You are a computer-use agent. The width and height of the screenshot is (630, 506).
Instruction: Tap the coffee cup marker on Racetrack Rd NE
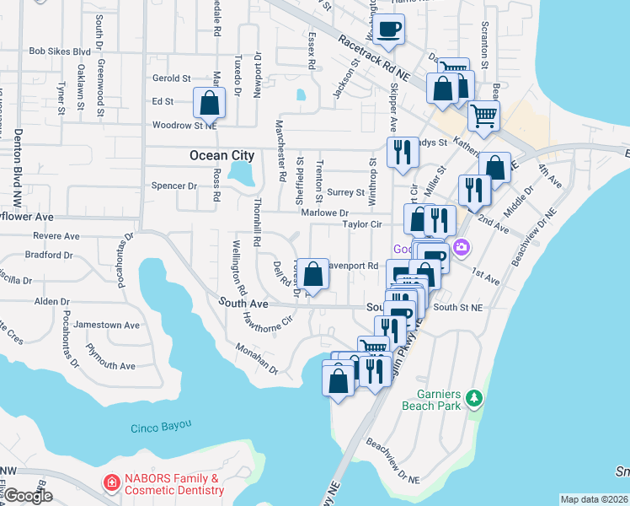point(389,30)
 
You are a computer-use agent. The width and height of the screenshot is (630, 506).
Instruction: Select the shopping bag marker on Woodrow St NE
point(209,105)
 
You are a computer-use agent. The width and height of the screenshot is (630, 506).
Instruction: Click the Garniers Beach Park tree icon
point(474,396)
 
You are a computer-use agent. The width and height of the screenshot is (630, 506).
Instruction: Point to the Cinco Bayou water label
point(162,428)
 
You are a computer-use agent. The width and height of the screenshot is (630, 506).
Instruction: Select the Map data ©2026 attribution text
point(593,499)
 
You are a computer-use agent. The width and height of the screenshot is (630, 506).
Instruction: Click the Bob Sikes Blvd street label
point(59,51)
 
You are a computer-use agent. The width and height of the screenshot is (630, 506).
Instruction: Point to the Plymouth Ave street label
point(110,366)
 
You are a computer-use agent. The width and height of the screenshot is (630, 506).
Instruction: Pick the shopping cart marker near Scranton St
point(483,116)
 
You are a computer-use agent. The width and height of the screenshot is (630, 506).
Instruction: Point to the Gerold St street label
point(172,78)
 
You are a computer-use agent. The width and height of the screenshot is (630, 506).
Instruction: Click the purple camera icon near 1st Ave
point(461,247)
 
